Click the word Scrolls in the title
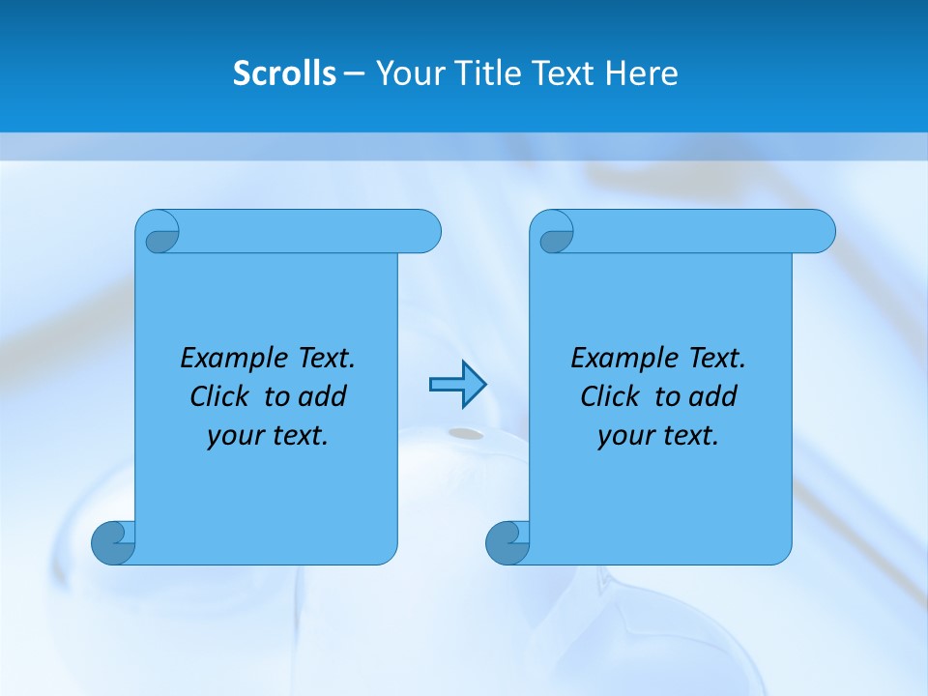pyautogui.click(x=284, y=73)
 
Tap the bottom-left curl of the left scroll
pyautogui.click(x=112, y=542)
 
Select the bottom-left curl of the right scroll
pyautogui.click(x=507, y=542)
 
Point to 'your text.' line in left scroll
pyautogui.click(x=268, y=436)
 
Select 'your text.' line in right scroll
pyautogui.click(x=658, y=436)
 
